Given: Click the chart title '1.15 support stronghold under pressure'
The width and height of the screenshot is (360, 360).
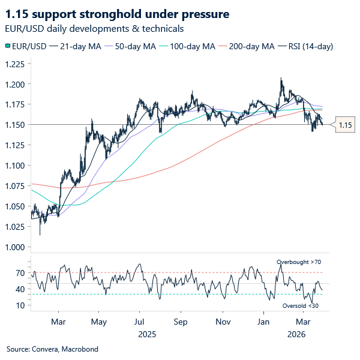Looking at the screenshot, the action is [117, 14].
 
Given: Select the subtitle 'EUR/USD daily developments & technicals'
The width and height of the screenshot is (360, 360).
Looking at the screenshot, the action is [94, 29].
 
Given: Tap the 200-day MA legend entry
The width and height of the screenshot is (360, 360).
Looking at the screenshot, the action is [247, 46].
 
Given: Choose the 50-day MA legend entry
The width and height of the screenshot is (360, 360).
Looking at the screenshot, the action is [130, 46].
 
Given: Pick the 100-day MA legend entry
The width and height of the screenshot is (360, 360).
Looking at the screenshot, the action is [187, 46].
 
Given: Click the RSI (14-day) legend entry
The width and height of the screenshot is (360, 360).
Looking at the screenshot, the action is [305, 46].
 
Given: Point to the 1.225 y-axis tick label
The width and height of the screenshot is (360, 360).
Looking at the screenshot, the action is [15, 64].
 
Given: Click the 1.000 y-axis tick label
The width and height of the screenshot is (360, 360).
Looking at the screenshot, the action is [15, 247].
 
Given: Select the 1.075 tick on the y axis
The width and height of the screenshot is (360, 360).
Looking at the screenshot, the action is [15, 186].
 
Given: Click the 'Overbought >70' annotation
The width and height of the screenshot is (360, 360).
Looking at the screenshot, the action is [299, 262].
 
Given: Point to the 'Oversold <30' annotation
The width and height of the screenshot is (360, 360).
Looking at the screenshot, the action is [301, 306].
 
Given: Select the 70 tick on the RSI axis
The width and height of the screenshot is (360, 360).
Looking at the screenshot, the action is [20, 273].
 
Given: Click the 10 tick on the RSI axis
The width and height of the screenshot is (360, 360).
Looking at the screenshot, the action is [20, 305].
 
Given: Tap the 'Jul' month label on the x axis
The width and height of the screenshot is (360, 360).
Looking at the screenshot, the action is [139, 322].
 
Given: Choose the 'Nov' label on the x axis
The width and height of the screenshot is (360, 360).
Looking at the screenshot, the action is [223, 322].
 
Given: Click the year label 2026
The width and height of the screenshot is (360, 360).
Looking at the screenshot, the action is [296, 334].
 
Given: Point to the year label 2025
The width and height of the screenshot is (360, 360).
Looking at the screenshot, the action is [147, 334].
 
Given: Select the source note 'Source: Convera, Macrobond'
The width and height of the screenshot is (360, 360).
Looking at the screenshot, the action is [52, 349].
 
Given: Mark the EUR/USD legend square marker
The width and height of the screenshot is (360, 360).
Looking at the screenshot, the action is [8, 46].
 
